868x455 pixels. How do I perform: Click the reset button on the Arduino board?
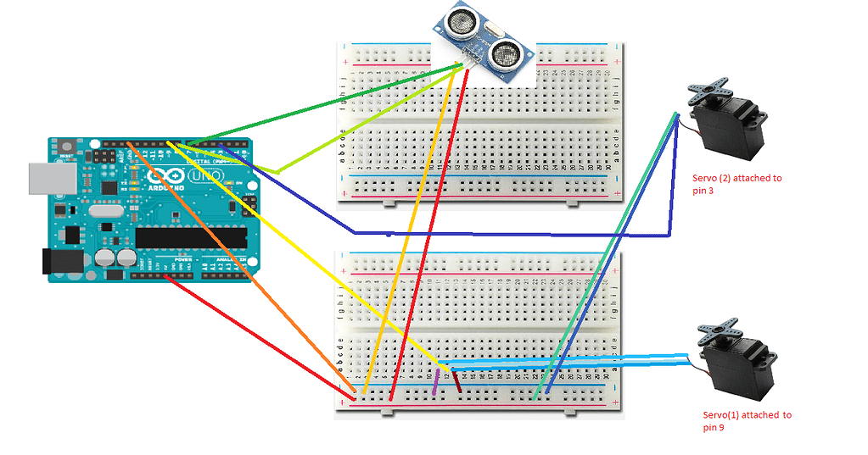[x=66, y=148]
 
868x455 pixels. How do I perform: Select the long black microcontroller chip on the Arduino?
[x=191, y=238]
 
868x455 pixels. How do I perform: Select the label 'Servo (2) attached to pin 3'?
[x=736, y=184]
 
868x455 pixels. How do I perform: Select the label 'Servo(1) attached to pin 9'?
[x=747, y=421]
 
